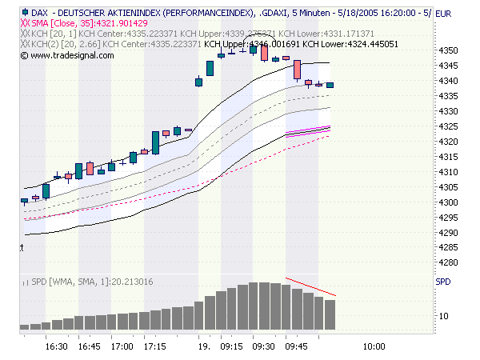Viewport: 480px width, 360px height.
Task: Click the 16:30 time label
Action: (x=56, y=347)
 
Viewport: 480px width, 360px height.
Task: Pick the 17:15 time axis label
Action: (x=155, y=347)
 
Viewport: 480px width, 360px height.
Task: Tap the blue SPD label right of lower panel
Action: (x=442, y=282)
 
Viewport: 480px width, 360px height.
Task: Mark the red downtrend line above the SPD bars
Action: (x=310, y=289)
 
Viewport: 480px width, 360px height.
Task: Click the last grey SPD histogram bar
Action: (x=330, y=314)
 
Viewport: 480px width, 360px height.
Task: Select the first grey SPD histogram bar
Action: (x=24, y=326)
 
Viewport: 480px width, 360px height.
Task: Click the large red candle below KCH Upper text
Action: (x=297, y=69)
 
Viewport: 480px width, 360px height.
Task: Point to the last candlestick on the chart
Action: (x=330, y=84)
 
